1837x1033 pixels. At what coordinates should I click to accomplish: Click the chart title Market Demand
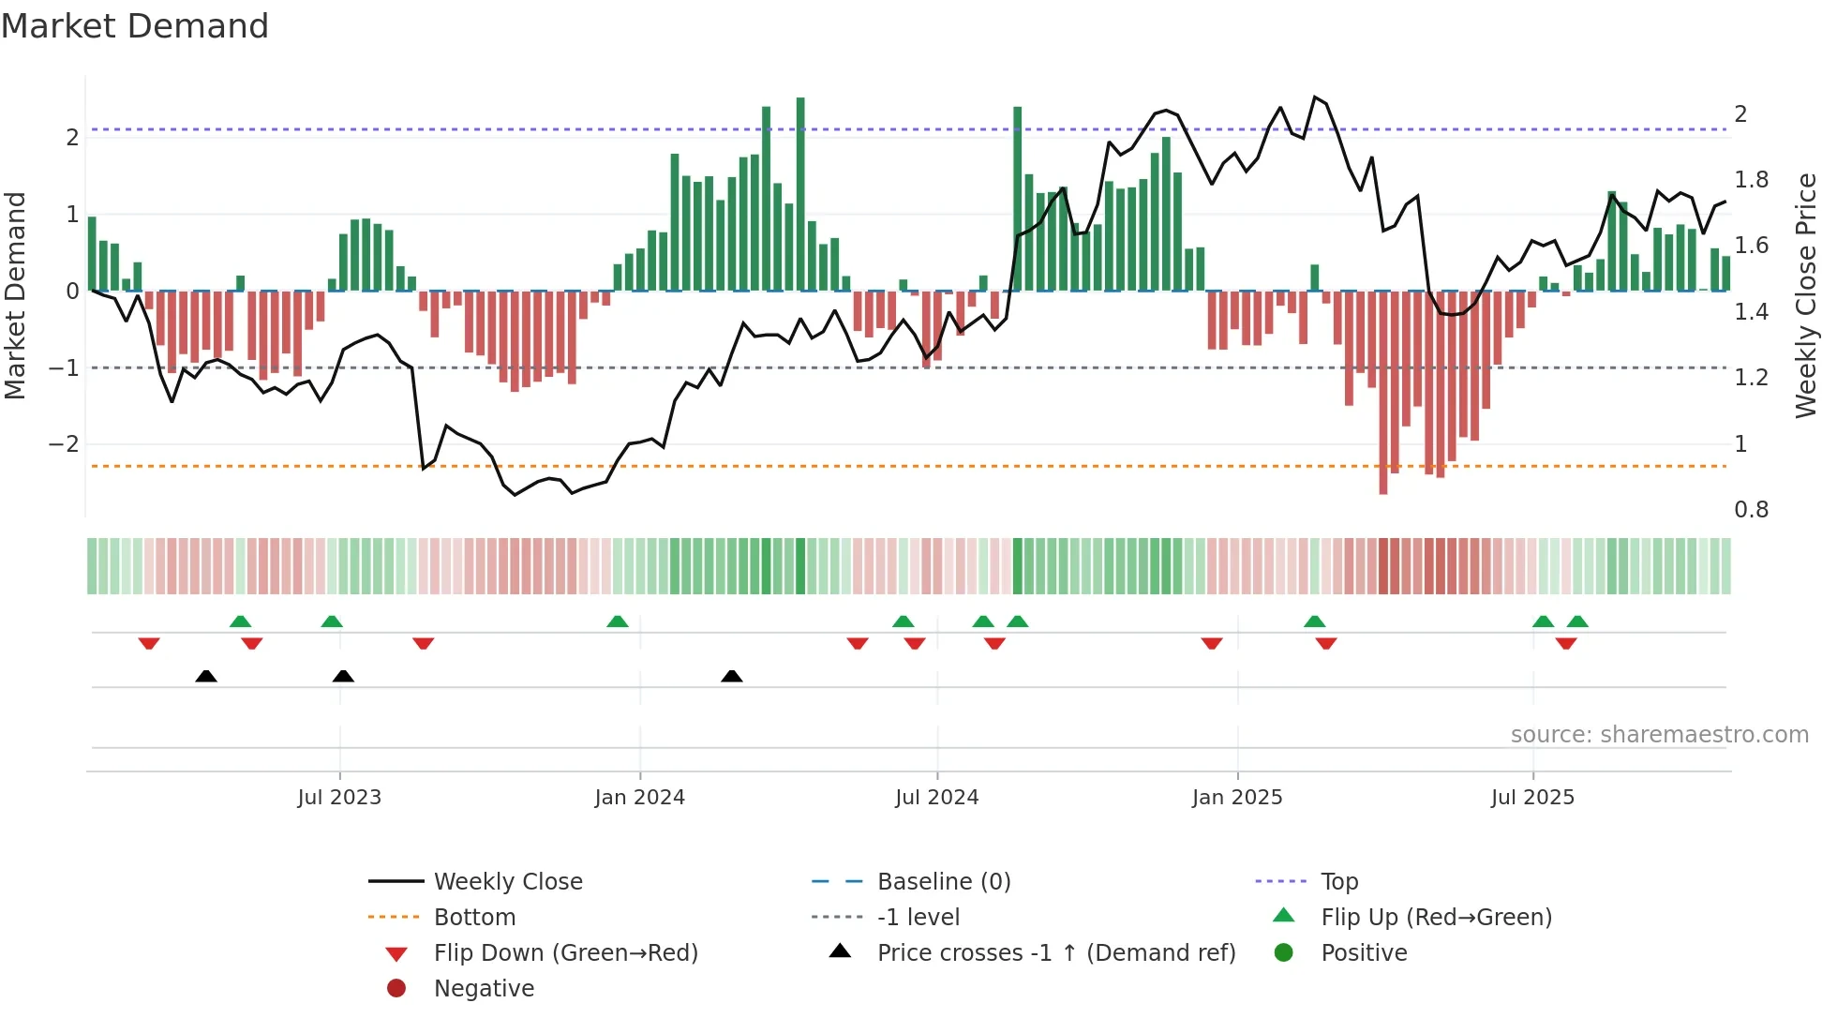[135, 26]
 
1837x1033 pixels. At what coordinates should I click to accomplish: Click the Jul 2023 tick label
[339, 798]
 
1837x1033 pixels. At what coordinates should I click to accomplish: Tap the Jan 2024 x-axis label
[639, 798]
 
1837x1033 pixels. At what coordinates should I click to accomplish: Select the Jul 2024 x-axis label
[936, 798]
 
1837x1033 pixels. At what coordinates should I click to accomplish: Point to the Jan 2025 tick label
[1237, 798]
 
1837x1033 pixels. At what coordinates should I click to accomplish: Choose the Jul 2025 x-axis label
[1532, 798]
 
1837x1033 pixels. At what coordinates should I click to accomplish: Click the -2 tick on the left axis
[64, 444]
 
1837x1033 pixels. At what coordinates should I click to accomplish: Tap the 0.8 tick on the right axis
[1751, 510]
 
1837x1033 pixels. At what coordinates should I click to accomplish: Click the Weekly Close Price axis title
[1806, 295]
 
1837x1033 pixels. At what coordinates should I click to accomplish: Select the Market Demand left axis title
[15, 295]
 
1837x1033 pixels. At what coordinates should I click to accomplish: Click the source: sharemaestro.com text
[1659, 735]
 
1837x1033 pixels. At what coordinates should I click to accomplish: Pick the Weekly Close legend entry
[507, 882]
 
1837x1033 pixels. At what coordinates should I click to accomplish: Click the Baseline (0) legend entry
[943, 882]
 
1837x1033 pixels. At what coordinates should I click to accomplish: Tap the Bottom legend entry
[474, 918]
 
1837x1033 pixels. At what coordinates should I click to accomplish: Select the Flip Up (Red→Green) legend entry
[1436, 918]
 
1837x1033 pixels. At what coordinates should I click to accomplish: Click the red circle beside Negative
[396, 989]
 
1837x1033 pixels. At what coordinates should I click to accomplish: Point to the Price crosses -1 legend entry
[1055, 953]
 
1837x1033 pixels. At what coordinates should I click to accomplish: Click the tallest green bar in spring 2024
[800, 194]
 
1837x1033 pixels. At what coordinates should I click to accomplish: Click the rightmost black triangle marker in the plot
[732, 676]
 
